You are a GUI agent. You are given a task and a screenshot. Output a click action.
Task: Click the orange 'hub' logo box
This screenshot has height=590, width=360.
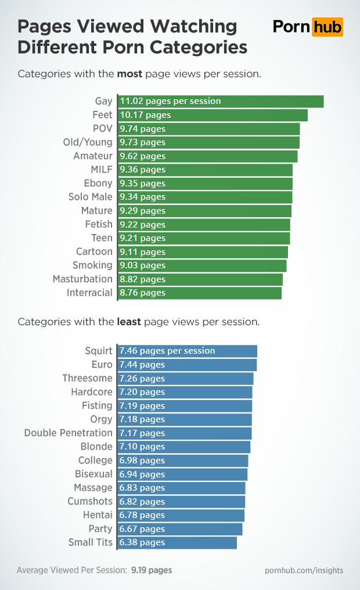[x=327, y=27]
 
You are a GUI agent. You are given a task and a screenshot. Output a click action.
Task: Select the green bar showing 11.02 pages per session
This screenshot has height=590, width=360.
[x=221, y=101]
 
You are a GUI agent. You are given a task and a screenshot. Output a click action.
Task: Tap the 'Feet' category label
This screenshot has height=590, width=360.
[x=102, y=115]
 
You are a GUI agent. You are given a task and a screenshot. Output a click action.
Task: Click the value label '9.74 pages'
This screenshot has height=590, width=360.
[x=142, y=129]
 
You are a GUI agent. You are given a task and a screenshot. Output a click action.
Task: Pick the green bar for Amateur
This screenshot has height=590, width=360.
[x=208, y=156]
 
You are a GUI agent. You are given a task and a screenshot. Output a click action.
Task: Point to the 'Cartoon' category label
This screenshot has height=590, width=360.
[x=94, y=252]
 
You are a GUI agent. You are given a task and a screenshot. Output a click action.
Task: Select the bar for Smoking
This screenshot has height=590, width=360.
[x=202, y=265]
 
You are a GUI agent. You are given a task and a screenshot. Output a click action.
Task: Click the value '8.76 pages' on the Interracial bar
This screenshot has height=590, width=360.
[x=142, y=293]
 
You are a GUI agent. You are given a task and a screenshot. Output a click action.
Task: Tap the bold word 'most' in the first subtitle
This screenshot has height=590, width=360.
[x=129, y=74]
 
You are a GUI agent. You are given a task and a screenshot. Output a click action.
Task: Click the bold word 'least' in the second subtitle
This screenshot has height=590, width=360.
[x=129, y=321]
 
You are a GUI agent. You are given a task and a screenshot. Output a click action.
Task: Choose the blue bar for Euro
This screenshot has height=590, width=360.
[x=187, y=365]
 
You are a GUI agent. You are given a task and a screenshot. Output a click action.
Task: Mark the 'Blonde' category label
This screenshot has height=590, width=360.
[x=96, y=447]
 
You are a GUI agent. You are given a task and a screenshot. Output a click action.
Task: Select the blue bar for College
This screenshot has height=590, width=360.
[x=183, y=461]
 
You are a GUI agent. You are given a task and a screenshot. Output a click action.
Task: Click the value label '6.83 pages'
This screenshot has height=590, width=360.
[x=142, y=488]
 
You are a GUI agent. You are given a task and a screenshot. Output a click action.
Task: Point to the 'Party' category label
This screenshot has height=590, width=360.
[x=100, y=529]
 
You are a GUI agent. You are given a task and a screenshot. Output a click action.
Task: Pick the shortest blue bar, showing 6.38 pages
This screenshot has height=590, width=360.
[x=178, y=542]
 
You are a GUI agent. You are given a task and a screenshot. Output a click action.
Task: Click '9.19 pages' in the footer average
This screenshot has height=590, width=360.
[x=152, y=570]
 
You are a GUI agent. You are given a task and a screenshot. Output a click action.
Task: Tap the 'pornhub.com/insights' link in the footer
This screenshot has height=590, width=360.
[x=304, y=570]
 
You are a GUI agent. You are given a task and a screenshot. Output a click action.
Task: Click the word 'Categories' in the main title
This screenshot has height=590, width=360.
[x=199, y=46]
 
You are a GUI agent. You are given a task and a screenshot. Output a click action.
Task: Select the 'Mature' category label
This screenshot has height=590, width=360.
[x=97, y=211]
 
